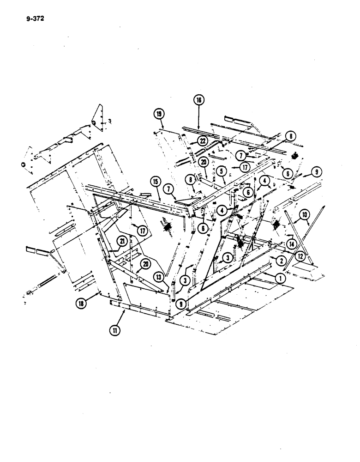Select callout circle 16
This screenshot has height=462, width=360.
pos(199,100)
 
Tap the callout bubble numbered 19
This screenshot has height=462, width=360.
pos(159,114)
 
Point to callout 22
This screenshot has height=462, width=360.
pos(203,140)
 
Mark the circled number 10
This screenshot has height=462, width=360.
pos(304,214)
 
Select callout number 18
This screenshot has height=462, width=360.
pos(82,303)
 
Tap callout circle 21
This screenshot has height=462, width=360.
pos(122,240)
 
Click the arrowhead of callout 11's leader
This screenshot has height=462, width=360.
pos(126,311)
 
